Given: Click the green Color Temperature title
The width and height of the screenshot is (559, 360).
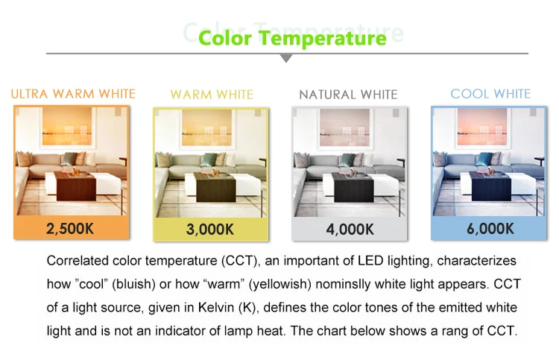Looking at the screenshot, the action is pyautogui.click(x=292, y=39).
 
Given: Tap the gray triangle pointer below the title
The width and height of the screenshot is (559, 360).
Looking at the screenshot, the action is pyautogui.click(x=286, y=58).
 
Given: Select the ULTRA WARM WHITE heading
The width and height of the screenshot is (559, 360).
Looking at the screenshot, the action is pyautogui.click(x=73, y=94).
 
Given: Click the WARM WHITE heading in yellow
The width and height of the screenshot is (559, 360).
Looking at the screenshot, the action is pyautogui.click(x=212, y=95).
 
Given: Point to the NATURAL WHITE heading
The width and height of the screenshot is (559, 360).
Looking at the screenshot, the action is pyautogui.click(x=348, y=95).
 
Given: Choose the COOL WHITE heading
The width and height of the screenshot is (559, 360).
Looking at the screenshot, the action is pyautogui.click(x=490, y=94).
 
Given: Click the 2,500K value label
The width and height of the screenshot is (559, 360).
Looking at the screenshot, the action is pyautogui.click(x=70, y=229).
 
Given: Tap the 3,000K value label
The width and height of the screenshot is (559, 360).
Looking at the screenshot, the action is pyautogui.click(x=210, y=229).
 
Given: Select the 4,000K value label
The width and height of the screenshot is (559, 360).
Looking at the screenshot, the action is pyautogui.click(x=350, y=229).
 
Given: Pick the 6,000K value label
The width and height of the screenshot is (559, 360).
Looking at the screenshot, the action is pyautogui.click(x=490, y=229).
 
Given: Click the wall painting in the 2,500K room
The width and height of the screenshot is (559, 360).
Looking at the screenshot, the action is pyautogui.click(x=67, y=127).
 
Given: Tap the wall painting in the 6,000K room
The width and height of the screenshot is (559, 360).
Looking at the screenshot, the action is pyautogui.click(x=482, y=127).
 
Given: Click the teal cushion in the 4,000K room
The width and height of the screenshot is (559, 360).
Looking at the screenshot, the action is pyautogui.click(x=346, y=160).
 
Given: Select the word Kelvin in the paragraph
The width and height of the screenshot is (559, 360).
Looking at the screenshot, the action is pyautogui.click(x=216, y=307).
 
